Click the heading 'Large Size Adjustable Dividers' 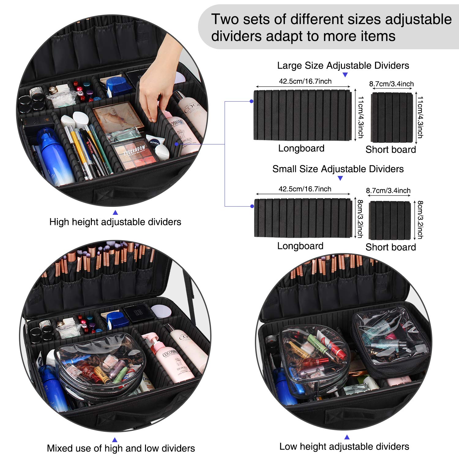[x=343, y=65]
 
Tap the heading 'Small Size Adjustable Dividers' [x=338, y=169]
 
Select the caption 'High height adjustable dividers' [x=115, y=222]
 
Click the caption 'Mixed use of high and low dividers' [x=121, y=448]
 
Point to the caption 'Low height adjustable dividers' [x=344, y=446]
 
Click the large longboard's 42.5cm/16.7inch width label [x=305, y=81]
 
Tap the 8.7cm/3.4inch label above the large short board [x=391, y=84]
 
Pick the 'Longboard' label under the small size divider [x=300, y=246]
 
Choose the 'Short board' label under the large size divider [x=390, y=150]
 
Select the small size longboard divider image [x=303, y=218]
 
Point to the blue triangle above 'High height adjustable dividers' [x=115, y=213]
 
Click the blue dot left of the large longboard [x=251, y=101]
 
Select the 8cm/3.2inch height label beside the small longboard [x=360, y=219]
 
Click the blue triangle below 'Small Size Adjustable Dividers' [x=340, y=178]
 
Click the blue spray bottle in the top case [x=55, y=158]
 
